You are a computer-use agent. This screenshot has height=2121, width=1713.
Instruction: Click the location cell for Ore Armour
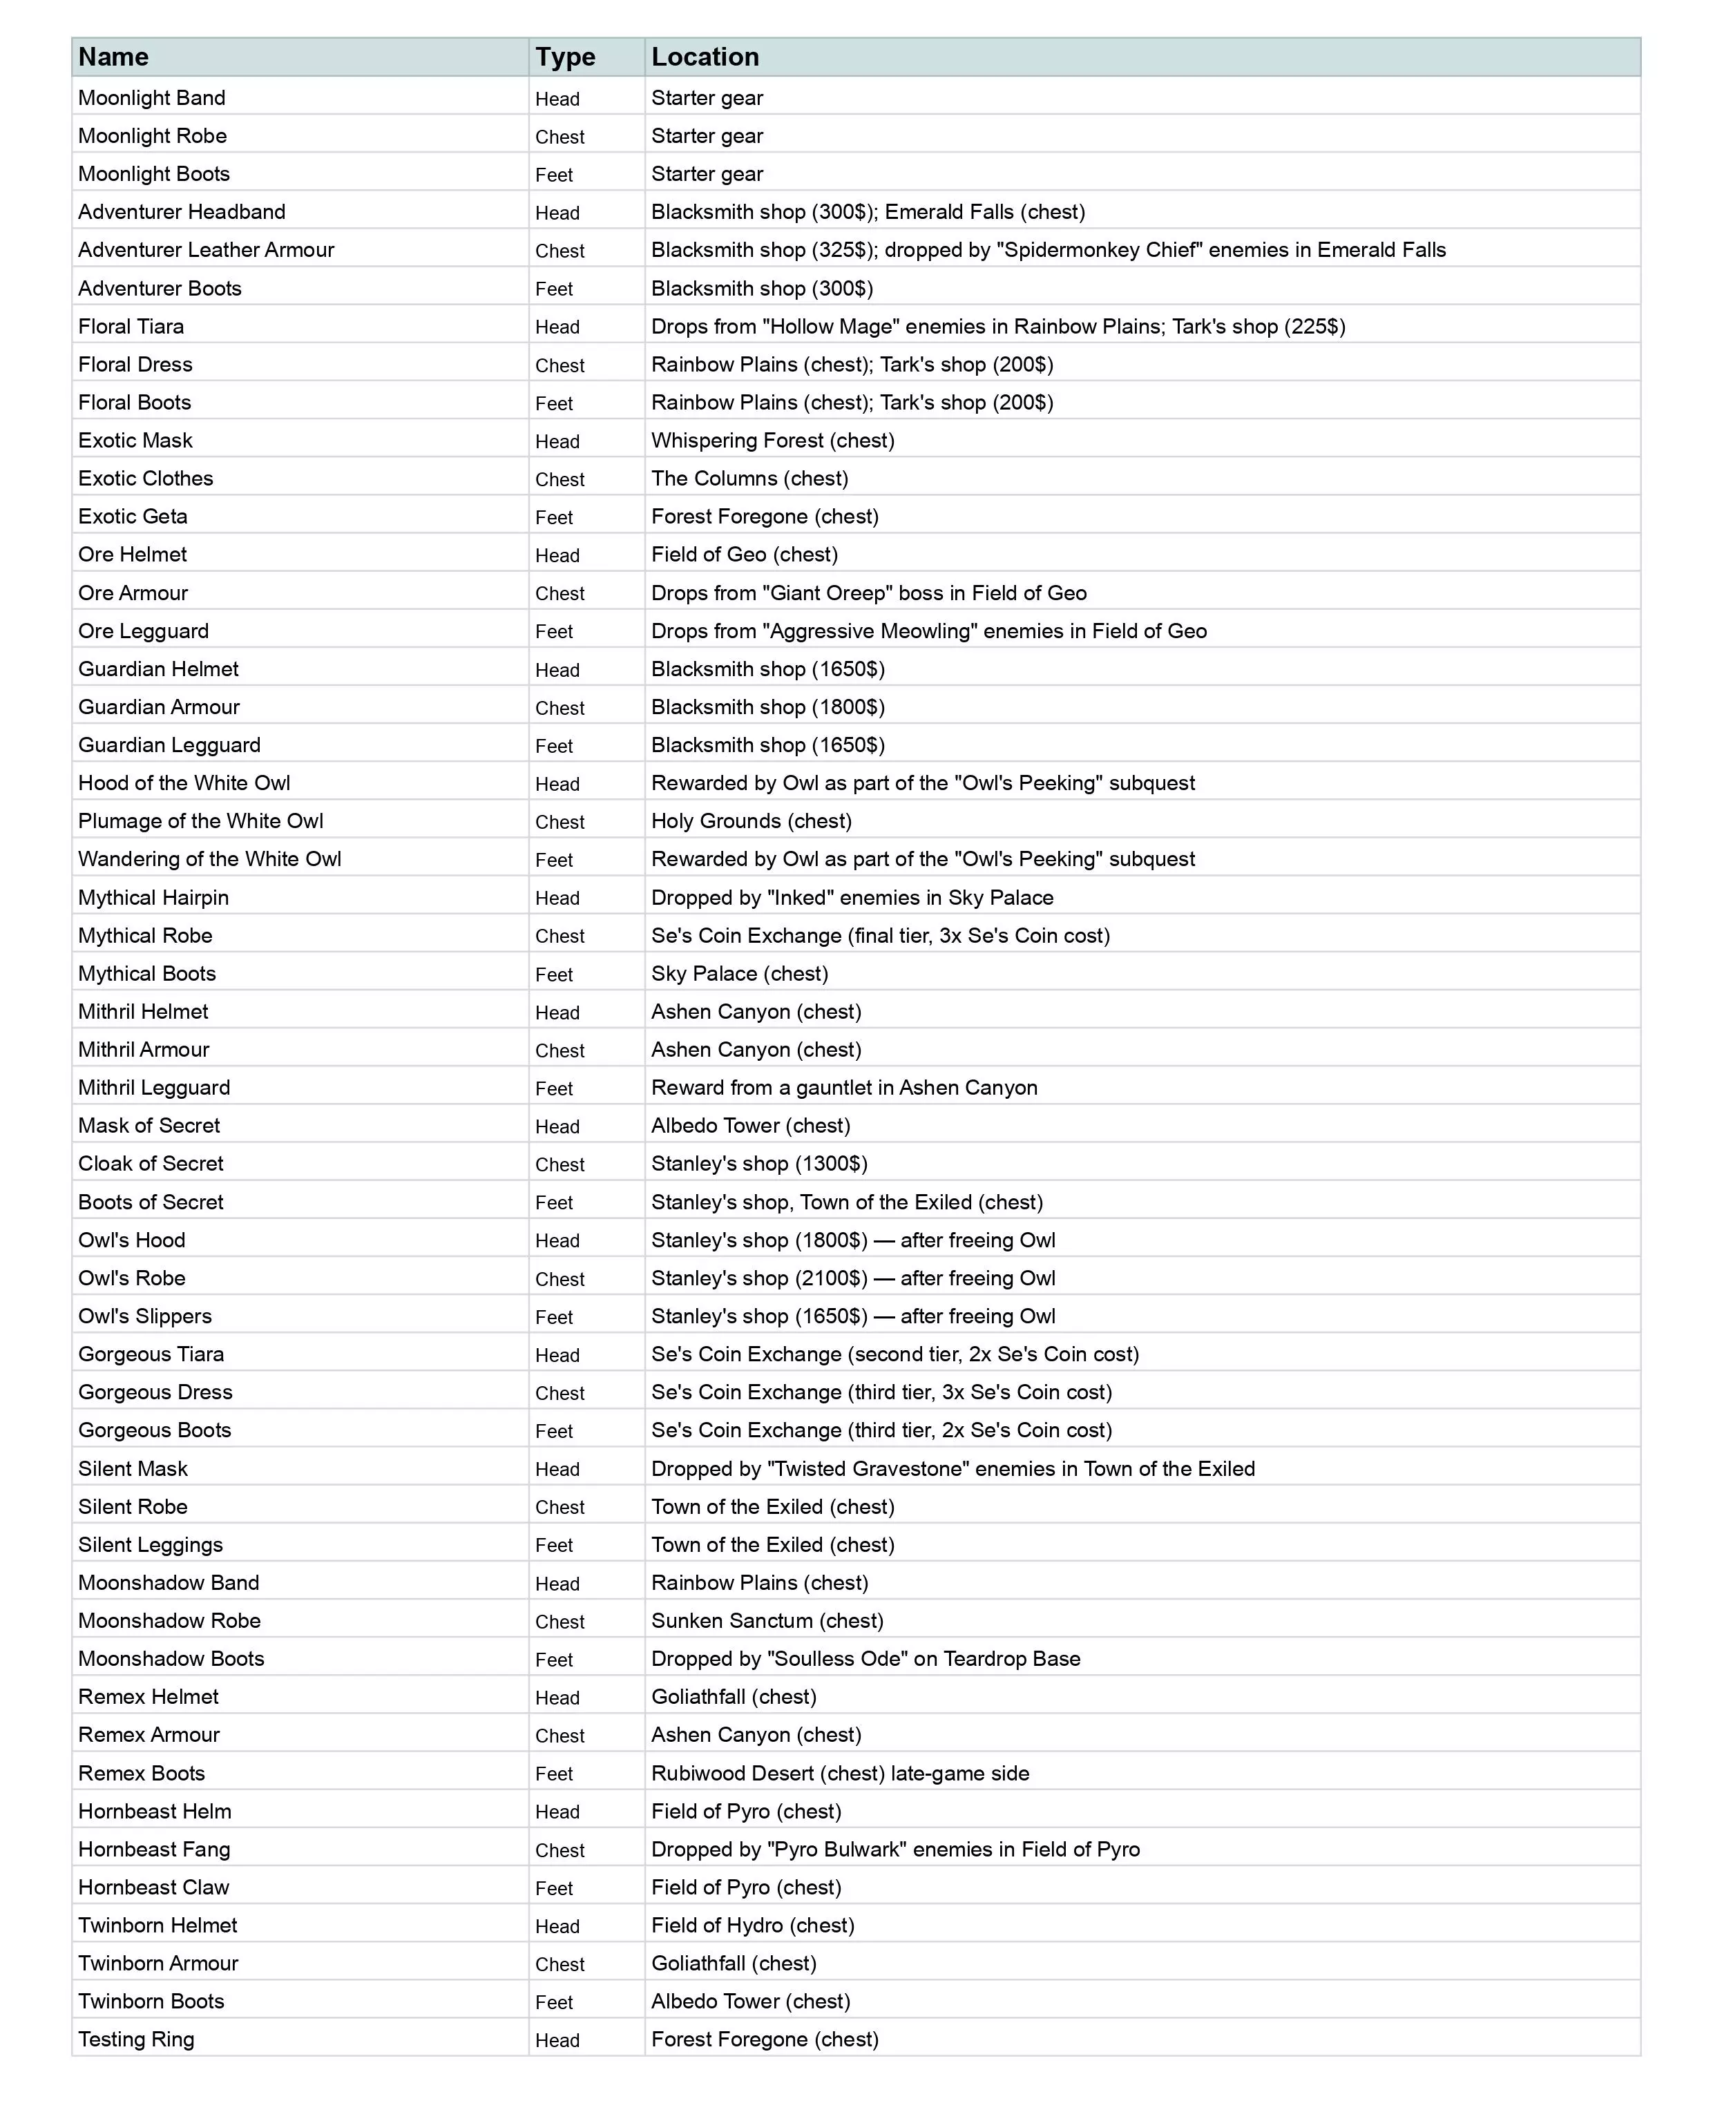(x=868, y=593)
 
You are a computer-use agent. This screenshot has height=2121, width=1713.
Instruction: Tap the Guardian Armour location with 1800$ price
(x=767, y=707)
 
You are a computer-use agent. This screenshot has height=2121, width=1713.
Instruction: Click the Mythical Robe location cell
(x=880, y=935)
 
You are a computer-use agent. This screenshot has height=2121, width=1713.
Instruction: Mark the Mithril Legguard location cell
(x=843, y=1087)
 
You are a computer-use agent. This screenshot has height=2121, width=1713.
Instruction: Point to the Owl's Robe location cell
(x=852, y=1278)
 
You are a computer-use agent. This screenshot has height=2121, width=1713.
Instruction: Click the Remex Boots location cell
(x=840, y=1773)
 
